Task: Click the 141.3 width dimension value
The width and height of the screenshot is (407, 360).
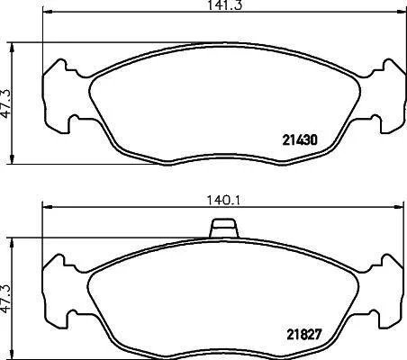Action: (224, 5)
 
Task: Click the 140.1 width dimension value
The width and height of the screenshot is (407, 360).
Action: (224, 201)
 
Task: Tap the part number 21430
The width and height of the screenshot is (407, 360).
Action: (300, 139)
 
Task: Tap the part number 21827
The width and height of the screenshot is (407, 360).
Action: (304, 335)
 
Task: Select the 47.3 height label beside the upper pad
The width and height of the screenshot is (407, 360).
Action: (6, 103)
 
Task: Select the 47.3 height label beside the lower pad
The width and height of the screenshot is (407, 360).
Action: (6, 299)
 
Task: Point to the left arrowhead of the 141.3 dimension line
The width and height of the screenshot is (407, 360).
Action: (48, 12)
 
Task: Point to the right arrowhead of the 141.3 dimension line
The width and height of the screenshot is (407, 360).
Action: (401, 12)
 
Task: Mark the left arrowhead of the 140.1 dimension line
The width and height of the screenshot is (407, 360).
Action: (48, 207)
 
